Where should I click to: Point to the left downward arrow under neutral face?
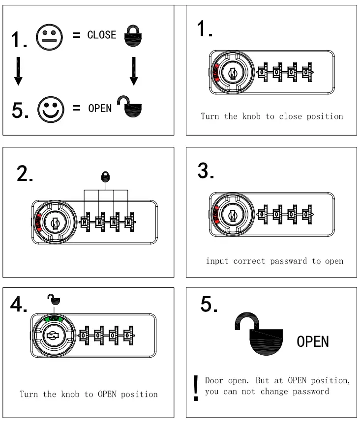click(18, 71)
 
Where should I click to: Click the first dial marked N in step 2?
click(85, 223)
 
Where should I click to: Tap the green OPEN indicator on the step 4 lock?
click(54, 318)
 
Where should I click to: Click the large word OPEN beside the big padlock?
click(312, 341)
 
